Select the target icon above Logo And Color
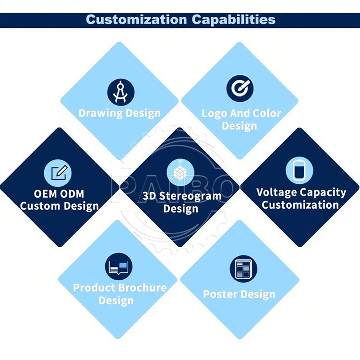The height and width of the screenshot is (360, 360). tap(240, 88)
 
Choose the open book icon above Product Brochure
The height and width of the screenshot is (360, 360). tap(119, 266)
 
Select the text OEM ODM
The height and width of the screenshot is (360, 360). tap(59, 194)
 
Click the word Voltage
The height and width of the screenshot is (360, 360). tap(276, 192)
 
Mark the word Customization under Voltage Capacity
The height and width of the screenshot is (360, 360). tap(300, 205)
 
